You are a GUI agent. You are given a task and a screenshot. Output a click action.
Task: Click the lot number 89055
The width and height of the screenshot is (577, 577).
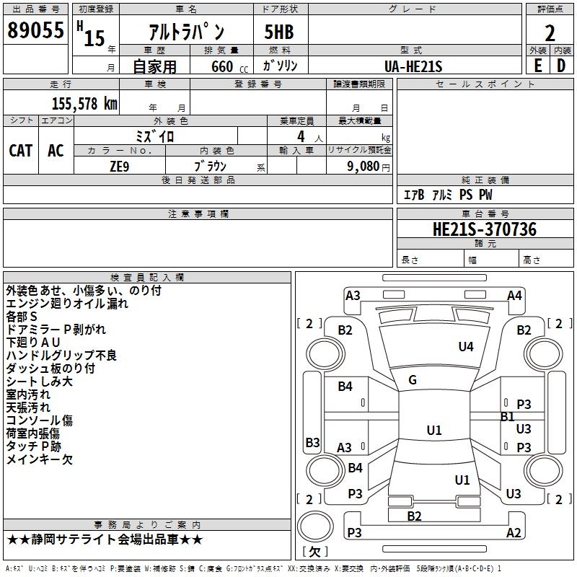[x=35, y=31]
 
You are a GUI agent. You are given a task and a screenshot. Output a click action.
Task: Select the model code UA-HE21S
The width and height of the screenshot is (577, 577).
[x=413, y=66]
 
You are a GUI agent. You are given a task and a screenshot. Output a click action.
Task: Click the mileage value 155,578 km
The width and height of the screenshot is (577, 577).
[x=84, y=103]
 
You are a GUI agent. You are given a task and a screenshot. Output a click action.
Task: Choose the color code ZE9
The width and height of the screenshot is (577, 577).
[x=119, y=166]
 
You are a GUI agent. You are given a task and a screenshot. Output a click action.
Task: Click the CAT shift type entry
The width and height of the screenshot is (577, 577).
[x=21, y=151]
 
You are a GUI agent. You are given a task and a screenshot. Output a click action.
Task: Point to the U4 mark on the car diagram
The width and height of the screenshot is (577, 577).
[x=466, y=347]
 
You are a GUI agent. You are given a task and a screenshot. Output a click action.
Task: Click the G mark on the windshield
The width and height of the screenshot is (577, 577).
[x=413, y=380]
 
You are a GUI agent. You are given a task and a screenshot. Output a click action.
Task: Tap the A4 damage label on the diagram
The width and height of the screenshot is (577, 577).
[x=514, y=295]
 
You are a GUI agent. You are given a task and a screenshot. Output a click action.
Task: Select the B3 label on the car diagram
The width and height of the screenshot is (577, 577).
[x=312, y=442]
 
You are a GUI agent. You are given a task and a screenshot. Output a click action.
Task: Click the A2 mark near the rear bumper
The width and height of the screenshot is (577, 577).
[x=514, y=532]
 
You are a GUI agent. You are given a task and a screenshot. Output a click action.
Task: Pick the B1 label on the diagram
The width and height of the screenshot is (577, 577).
[x=507, y=416]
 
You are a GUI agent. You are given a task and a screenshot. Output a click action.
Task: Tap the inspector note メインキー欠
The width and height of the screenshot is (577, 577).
[x=40, y=459]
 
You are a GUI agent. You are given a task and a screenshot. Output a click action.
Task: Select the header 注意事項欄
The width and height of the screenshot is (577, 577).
[x=198, y=214]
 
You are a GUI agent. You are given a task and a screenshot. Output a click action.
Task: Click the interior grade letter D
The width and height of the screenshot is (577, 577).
[x=561, y=66]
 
